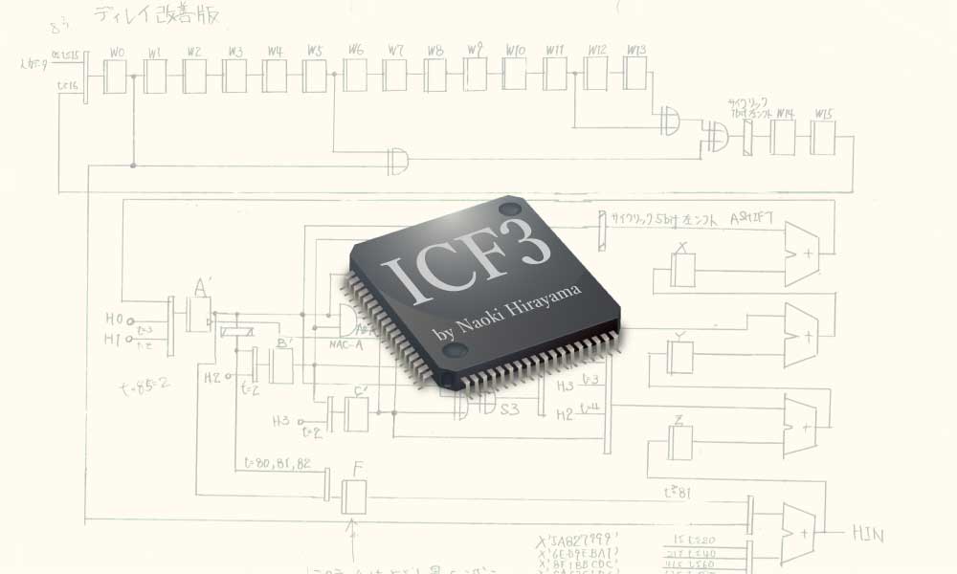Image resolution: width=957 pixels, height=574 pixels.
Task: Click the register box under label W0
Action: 116,77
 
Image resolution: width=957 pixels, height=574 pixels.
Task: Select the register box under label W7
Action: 395,76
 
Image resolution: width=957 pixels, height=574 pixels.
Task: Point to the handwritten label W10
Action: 515,50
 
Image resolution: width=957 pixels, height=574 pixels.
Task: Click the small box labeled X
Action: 682,271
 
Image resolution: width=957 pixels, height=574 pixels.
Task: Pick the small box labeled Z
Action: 679,441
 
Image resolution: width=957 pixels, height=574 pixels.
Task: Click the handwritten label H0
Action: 115,320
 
